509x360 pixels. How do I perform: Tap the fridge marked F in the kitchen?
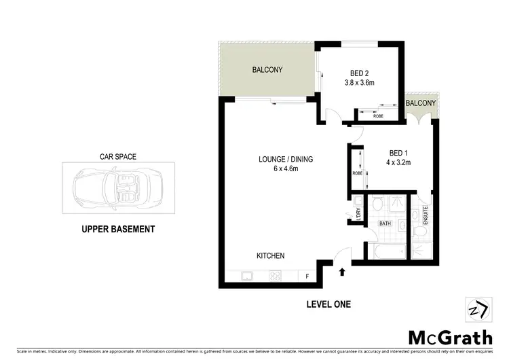tap(307, 276)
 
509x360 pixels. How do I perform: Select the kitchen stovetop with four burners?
tap(276, 276)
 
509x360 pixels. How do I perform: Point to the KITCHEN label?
tap(270, 256)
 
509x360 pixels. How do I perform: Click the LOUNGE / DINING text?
tap(285, 160)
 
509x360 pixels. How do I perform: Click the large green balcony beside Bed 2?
tap(267, 70)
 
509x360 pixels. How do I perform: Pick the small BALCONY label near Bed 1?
tap(421, 103)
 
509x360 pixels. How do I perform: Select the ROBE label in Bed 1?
tap(357, 173)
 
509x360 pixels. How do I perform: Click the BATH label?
tap(384, 223)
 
